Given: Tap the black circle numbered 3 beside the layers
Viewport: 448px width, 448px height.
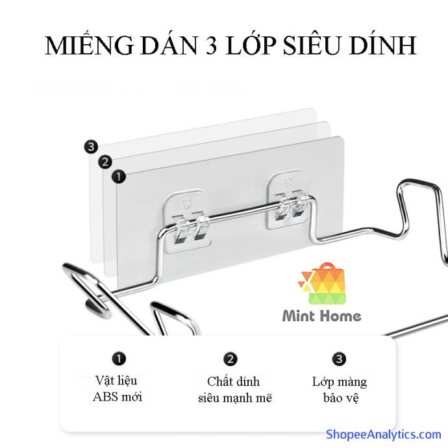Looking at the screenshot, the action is point(91,147).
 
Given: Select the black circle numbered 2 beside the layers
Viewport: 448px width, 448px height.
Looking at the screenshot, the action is point(105,162).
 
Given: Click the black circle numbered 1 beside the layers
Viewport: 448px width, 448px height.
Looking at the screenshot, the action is point(118,177).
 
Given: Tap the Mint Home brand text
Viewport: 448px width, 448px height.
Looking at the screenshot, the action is point(321,316).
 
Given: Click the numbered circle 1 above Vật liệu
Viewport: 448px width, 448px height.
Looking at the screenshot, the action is point(119,358).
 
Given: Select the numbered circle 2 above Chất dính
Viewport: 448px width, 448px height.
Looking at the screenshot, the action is point(230,359).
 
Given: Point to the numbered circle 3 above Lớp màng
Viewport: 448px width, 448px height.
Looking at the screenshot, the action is point(339,359).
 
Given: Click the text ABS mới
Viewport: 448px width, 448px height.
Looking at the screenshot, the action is point(118,397).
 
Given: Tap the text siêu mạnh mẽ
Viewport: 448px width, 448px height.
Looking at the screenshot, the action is point(235,398).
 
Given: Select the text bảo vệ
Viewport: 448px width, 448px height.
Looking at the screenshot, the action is point(341,398).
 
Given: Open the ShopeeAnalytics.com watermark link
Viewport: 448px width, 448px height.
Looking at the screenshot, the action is point(384,434).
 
